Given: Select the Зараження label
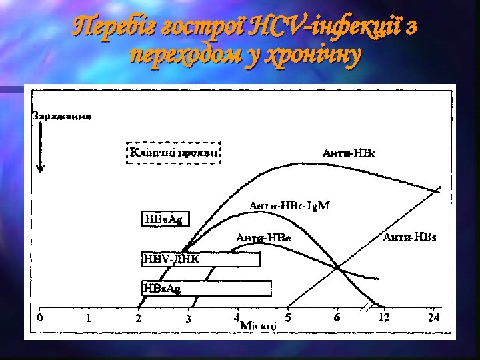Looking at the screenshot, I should [x=62, y=115].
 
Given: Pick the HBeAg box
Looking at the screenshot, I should [x=163, y=218].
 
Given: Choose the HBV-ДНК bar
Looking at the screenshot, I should [x=201, y=259].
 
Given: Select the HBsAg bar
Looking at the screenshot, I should [x=206, y=288].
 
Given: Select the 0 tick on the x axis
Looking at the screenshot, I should [x=39, y=317].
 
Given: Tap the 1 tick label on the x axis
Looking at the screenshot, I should [x=89, y=318].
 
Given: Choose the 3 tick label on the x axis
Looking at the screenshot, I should [x=189, y=319].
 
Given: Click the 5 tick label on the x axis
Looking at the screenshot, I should [x=288, y=317].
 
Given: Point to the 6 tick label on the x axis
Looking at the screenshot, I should [x=337, y=317].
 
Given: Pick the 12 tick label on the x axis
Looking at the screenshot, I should [x=384, y=318].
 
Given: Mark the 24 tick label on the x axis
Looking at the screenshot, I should [x=433, y=318].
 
